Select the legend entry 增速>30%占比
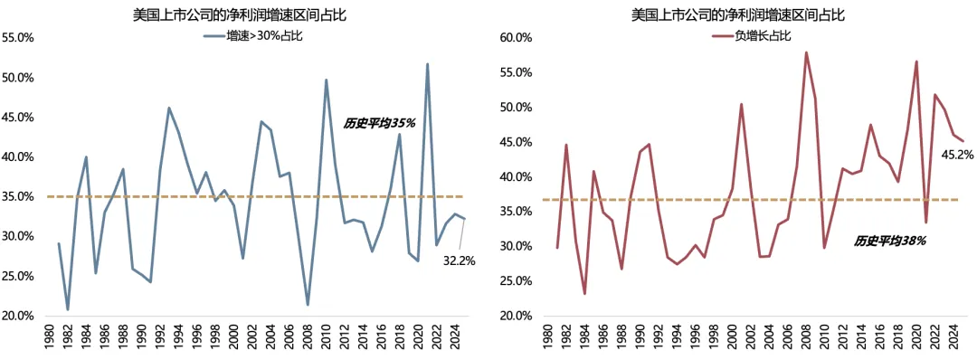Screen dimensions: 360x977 (x=268, y=35)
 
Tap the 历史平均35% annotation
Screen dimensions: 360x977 (x=379, y=122)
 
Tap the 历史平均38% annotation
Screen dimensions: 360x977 (x=889, y=242)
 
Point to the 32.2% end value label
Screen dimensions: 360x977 (x=458, y=261)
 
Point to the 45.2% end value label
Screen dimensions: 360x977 (x=957, y=155)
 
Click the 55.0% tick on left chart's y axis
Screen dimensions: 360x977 (x=19, y=38)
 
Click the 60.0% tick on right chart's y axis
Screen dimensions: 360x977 (x=515, y=38)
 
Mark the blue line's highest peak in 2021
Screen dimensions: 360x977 (x=427, y=64)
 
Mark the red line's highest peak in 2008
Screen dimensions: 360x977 (x=806, y=52)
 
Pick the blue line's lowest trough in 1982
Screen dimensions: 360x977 (x=68, y=309)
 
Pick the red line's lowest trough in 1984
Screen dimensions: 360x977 (x=584, y=293)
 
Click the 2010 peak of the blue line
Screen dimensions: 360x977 (x=326, y=81)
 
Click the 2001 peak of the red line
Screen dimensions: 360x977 (x=741, y=104)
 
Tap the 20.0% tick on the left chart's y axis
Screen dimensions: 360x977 (x=19, y=316)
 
